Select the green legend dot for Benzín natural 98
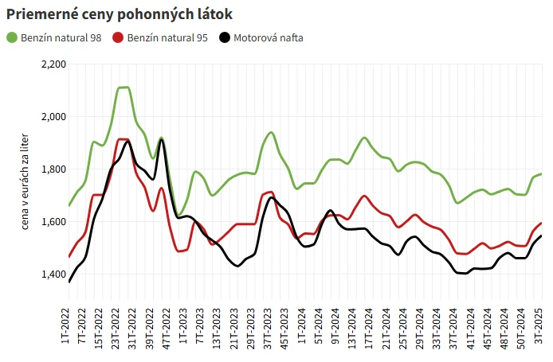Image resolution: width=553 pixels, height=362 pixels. point(12,37)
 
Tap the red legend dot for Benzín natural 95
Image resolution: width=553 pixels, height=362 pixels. point(119,37)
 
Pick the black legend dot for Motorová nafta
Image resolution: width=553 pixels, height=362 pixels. point(225,37)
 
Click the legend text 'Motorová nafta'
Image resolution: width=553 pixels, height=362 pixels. point(268,37)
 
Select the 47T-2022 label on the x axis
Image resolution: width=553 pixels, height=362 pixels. point(167,326)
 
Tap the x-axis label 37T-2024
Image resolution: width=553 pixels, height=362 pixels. point(451,326)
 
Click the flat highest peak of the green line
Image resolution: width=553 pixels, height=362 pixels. point(124,88)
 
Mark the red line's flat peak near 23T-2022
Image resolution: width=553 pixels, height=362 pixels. point(124,139)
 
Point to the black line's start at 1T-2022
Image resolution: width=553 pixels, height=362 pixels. point(69,282)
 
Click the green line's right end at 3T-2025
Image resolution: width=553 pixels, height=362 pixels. point(541,173)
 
